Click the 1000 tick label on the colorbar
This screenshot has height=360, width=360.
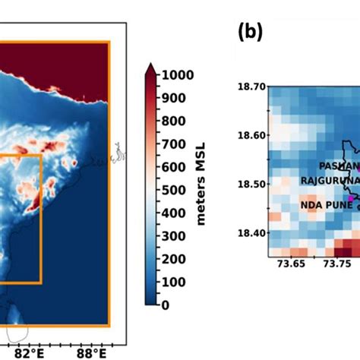(x=176, y=74)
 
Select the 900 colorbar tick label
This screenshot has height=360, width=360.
(x=172, y=97)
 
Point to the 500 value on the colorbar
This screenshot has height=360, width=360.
(x=172, y=189)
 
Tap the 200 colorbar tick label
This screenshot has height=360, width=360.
(x=172, y=258)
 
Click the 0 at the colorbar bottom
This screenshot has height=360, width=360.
(x=164, y=305)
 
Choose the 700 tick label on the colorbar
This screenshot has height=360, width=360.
(x=172, y=144)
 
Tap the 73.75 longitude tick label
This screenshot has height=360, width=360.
(x=339, y=264)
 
